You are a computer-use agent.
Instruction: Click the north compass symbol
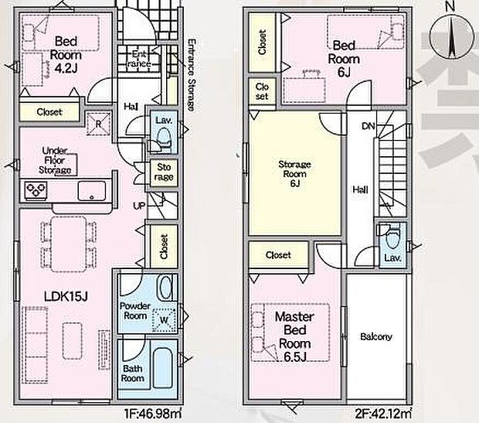tap(451, 35)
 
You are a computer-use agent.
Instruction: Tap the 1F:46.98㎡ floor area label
tap(152, 414)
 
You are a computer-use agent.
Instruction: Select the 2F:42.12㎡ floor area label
tap(383, 414)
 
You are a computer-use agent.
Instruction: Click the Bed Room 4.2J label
tap(66, 55)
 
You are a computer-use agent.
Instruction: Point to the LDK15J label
tap(66, 296)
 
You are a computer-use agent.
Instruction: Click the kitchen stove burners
tap(36, 190)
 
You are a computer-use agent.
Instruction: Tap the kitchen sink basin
tap(92, 191)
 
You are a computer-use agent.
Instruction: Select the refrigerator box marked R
tap(98, 124)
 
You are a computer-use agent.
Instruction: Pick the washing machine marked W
tap(165, 319)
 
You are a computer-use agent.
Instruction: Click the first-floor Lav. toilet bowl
tap(164, 137)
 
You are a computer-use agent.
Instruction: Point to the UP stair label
tap(139, 206)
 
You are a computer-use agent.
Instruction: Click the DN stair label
tap(368, 126)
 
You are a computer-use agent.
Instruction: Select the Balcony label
tap(376, 336)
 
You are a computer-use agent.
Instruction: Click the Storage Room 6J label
tap(295, 174)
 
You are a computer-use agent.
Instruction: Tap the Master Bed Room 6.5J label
tap(294, 336)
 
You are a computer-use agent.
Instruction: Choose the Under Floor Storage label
tap(55, 161)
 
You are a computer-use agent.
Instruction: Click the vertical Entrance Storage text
tap(191, 75)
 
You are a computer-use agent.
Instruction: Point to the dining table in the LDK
tap(69, 244)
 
